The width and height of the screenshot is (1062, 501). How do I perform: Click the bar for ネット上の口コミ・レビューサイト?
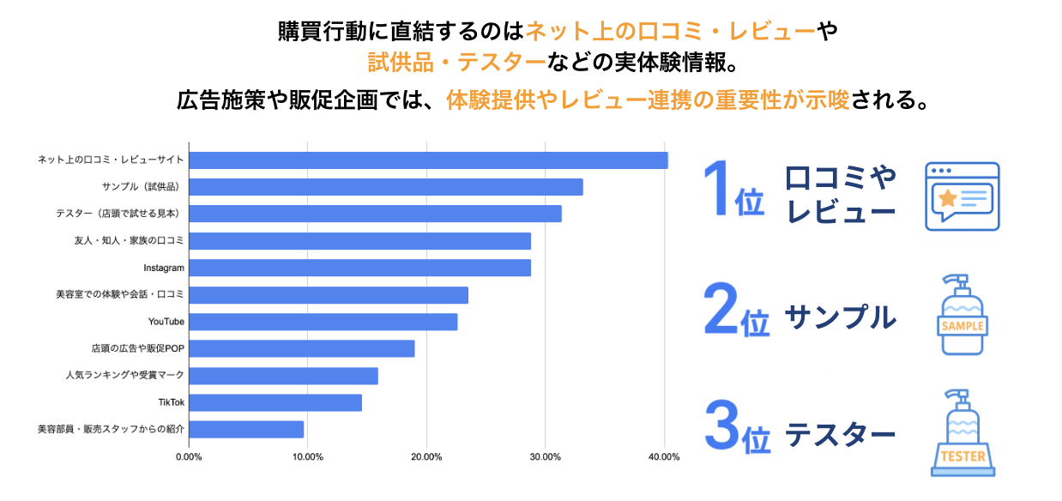428,160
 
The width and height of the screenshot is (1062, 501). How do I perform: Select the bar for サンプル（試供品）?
385,187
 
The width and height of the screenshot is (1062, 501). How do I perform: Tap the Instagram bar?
359,268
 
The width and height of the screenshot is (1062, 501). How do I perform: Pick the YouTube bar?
323,322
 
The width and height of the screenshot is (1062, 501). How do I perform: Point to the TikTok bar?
275,402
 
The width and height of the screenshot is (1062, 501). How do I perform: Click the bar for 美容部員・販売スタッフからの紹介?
246,429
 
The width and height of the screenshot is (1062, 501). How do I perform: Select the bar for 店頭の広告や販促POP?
301,348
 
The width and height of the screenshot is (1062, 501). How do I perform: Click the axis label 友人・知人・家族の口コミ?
130,241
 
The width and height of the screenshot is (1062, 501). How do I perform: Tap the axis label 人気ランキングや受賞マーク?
124,376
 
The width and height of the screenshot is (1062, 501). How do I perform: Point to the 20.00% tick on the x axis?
426,456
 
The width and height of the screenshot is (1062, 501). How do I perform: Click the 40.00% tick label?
664,456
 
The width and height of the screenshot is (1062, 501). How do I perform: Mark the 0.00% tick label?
189,456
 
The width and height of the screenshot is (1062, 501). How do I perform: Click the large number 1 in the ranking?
715,189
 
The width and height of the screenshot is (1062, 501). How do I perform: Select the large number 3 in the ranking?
721,424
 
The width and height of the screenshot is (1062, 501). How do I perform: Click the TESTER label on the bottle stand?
962,456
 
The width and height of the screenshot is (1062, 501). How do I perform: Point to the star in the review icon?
947,198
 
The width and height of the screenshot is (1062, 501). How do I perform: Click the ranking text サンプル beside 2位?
840,317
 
